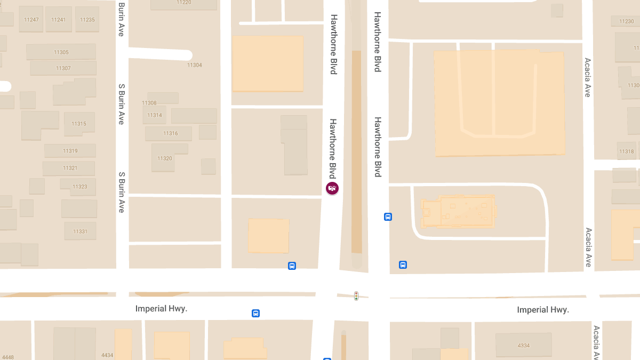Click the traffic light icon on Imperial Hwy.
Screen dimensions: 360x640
point(356,295)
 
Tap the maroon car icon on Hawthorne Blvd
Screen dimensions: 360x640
point(332,188)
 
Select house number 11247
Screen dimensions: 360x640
point(31,20)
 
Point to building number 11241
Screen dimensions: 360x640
point(59,20)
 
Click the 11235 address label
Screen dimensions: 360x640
point(87,20)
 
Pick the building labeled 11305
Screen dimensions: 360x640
point(61,52)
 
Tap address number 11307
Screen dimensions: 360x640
point(63,68)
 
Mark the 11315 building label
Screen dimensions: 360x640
point(79,124)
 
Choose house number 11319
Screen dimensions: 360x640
point(70,151)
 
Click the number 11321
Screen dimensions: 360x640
point(70,168)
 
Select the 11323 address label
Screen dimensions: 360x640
point(80,187)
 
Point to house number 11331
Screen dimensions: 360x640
point(80,231)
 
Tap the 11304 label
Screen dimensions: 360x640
point(195,65)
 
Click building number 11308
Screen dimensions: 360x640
point(149,103)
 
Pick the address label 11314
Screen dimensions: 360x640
point(155,115)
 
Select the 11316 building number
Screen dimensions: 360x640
point(171,133)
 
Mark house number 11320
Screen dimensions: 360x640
point(165,158)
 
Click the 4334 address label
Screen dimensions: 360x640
point(524,346)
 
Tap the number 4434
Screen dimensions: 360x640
point(107,355)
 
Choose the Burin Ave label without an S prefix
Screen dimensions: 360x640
point(122,20)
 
